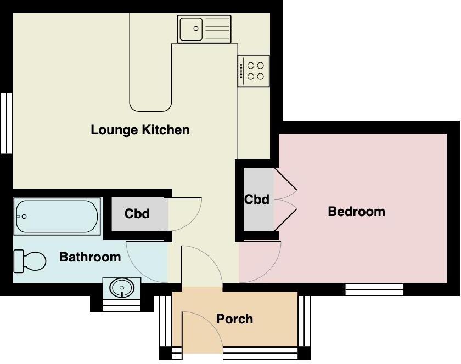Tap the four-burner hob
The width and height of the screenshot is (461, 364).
[254, 71]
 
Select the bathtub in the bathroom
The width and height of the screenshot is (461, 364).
[57, 217]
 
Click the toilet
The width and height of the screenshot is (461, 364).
[30, 260]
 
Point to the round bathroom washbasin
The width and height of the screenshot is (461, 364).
[121, 287]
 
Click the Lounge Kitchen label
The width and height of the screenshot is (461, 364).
[140, 130]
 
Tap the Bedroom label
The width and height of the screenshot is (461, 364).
[356, 211]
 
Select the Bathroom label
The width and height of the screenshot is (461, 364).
[90, 257]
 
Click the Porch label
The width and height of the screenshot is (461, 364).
[234, 318]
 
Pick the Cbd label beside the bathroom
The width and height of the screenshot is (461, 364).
[137, 213]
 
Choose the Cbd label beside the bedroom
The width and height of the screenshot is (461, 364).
[257, 199]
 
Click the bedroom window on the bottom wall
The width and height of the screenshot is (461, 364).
[374, 288]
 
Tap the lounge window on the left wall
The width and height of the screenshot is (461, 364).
[6, 123]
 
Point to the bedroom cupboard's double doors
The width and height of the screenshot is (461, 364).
[285, 200]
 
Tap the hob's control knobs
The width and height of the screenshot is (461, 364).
[241, 71]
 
